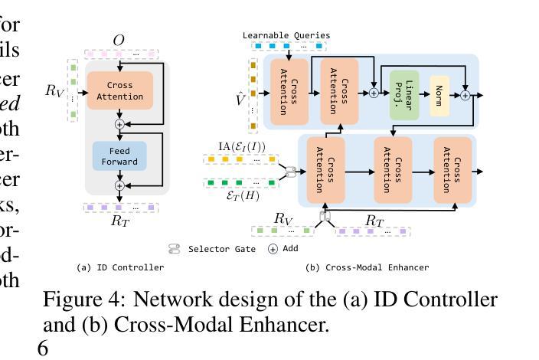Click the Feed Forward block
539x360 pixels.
point(119,156)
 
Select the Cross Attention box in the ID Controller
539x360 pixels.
point(119,91)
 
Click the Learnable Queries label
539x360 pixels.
point(286,35)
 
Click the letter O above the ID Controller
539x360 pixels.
point(119,40)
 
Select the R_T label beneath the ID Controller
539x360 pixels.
point(120,221)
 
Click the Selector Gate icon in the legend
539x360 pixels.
point(175,249)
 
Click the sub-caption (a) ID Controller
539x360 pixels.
point(120,267)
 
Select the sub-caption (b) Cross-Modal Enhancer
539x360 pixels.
point(367,267)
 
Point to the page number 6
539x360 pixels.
point(43,349)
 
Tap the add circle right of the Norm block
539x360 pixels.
point(464,95)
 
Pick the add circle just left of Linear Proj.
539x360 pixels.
point(374,93)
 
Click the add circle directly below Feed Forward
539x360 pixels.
point(119,185)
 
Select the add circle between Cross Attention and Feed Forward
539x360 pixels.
point(119,124)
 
